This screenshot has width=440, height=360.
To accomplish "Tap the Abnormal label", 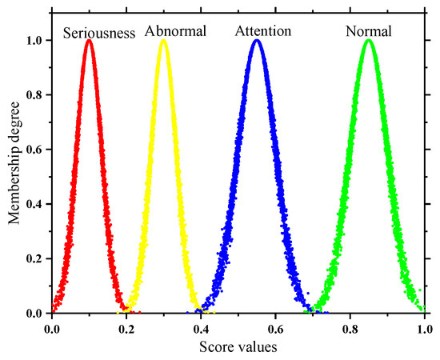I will pyautogui.click(x=176, y=33).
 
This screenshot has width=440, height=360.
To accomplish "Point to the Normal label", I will pyautogui.click(x=369, y=33).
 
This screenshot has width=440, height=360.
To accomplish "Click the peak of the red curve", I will pyautogui.click(x=89, y=42).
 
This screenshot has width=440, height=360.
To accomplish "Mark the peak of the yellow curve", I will pyautogui.click(x=164, y=42).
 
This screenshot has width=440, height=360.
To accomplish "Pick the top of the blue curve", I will pyautogui.click(x=257, y=42).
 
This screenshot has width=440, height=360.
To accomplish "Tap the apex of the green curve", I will pyautogui.click(x=369, y=42).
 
